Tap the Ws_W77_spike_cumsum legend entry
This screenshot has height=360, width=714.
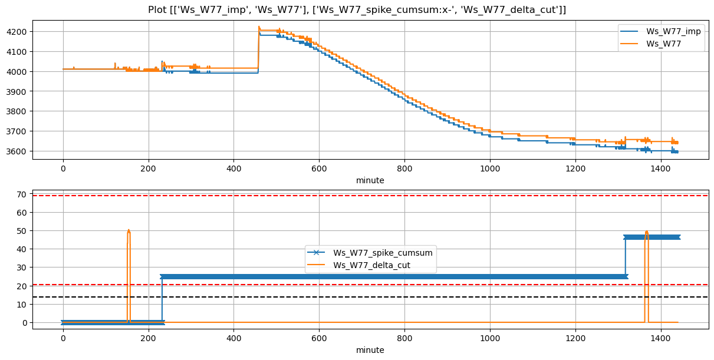pos(383,253)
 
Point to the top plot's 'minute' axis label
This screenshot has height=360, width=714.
pos(370,180)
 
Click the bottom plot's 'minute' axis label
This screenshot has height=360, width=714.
pos(370,350)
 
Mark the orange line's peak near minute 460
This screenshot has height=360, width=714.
pos(259,27)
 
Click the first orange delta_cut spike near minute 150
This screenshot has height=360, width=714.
pos(128,230)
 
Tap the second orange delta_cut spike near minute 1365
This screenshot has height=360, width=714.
pos(646,232)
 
